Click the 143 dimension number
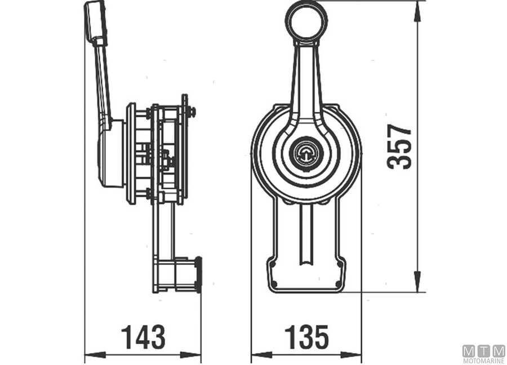143,337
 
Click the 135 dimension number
306,337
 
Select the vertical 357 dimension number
399,146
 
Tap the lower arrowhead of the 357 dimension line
417,281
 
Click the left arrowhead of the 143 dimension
95,355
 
